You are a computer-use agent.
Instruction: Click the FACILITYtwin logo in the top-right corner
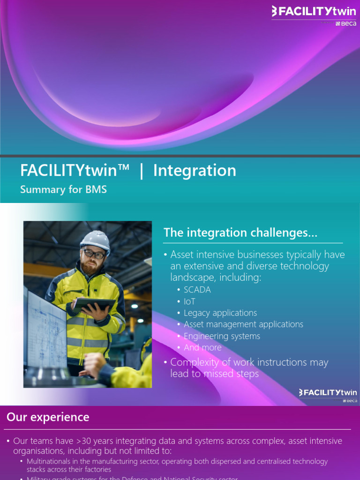coord(314,11)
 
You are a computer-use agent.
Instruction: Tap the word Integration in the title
coord(195,170)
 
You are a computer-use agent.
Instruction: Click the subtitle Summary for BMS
coord(63,189)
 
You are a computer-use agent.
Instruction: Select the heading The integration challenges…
coord(240,232)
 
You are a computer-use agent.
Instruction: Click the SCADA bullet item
coord(197,290)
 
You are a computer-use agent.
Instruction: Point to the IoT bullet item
coord(189,301)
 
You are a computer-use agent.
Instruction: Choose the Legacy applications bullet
coord(220,313)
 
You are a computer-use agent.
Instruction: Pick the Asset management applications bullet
coord(243,324)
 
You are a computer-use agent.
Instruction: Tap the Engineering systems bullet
coord(222,336)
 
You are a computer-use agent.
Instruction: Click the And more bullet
coord(202,347)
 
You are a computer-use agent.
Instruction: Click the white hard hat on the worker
coord(95,240)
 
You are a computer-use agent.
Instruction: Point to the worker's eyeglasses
coord(94,254)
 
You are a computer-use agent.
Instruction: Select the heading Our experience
coord(48,417)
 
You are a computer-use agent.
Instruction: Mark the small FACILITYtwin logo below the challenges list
coord(328,393)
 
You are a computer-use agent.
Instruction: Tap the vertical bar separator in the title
coord(141,171)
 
